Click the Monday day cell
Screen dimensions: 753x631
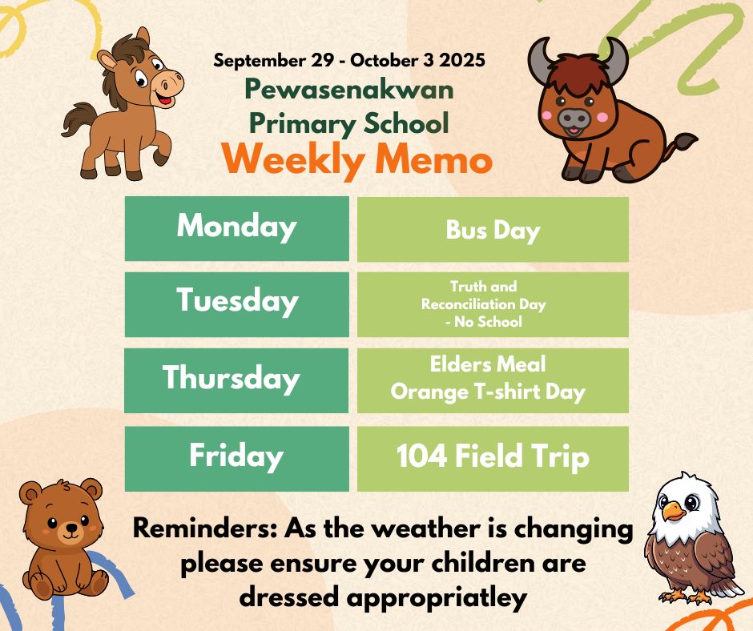click(x=237, y=228)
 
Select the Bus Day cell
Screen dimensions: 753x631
click(x=493, y=230)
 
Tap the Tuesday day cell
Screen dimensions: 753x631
click(x=237, y=304)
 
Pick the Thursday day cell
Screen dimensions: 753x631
click(x=236, y=380)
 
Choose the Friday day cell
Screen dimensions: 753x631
click(x=237, y=459)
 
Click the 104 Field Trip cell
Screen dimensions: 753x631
click(x=493, y=459)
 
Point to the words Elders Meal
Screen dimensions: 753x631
click(x=487, y=364)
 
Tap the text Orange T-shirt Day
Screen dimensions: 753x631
click(x=487, y=392)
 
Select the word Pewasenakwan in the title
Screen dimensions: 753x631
click(x=349, y=90)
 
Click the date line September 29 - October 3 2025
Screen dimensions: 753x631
click(x=349, y=61)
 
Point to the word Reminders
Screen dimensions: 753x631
click(x=204, y=529)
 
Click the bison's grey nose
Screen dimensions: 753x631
click(x=574, y=117)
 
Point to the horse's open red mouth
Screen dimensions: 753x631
click(x=165, y=100)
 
